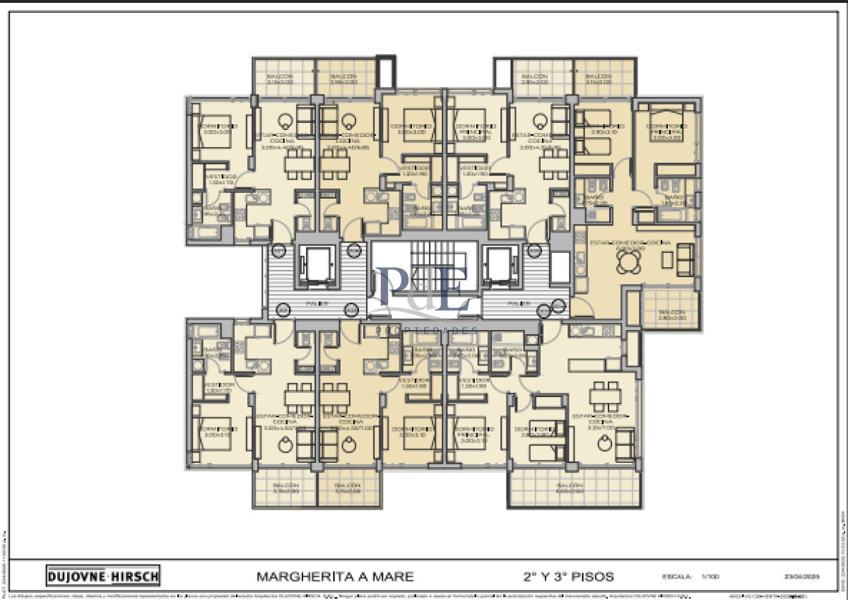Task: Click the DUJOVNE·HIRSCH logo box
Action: coord(103,575)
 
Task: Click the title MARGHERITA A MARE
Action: coord(335,576)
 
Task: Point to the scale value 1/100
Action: coord(709,577)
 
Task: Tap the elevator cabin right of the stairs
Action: coord(504,266)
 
